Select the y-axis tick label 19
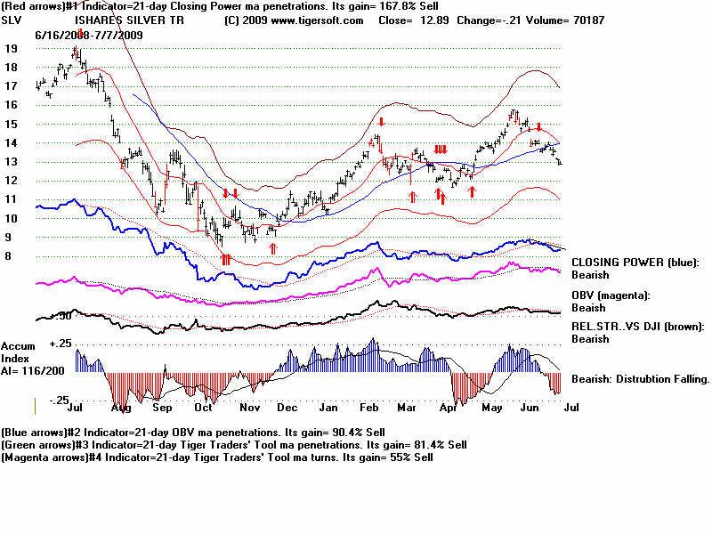(11, 49)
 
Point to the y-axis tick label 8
(8, 256)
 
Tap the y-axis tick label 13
(11, 162)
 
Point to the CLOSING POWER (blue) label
(634, 263)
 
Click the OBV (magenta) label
(612, 295)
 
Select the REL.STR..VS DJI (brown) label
(637, 327)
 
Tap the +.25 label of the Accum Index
(61, 344)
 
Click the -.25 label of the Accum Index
(61, 400)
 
